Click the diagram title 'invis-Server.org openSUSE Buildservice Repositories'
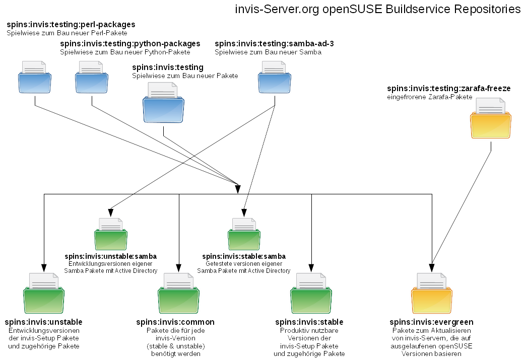(x=378, y=9)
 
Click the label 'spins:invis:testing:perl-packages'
(x=71, y=24)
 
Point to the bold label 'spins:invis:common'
(x=175, y=322)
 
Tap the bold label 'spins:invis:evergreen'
(x=431, y=322)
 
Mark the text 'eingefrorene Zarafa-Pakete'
(x=429, y=97)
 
